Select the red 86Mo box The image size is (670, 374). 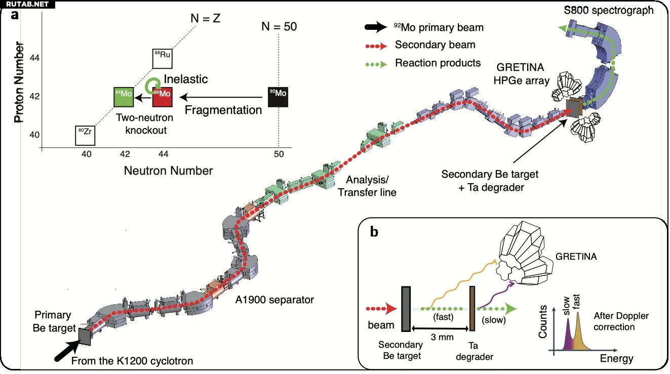[163, 96]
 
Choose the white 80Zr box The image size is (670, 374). [85, 135]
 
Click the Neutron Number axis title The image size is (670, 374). [168, 171]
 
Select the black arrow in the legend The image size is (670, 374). [375, 27]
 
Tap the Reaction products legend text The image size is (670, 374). [438, 63]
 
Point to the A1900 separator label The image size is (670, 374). [274, 300]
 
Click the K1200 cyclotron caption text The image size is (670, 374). [132, 361]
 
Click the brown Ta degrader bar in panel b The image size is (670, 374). [472, 308]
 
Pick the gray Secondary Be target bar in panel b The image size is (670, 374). [405, 308]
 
